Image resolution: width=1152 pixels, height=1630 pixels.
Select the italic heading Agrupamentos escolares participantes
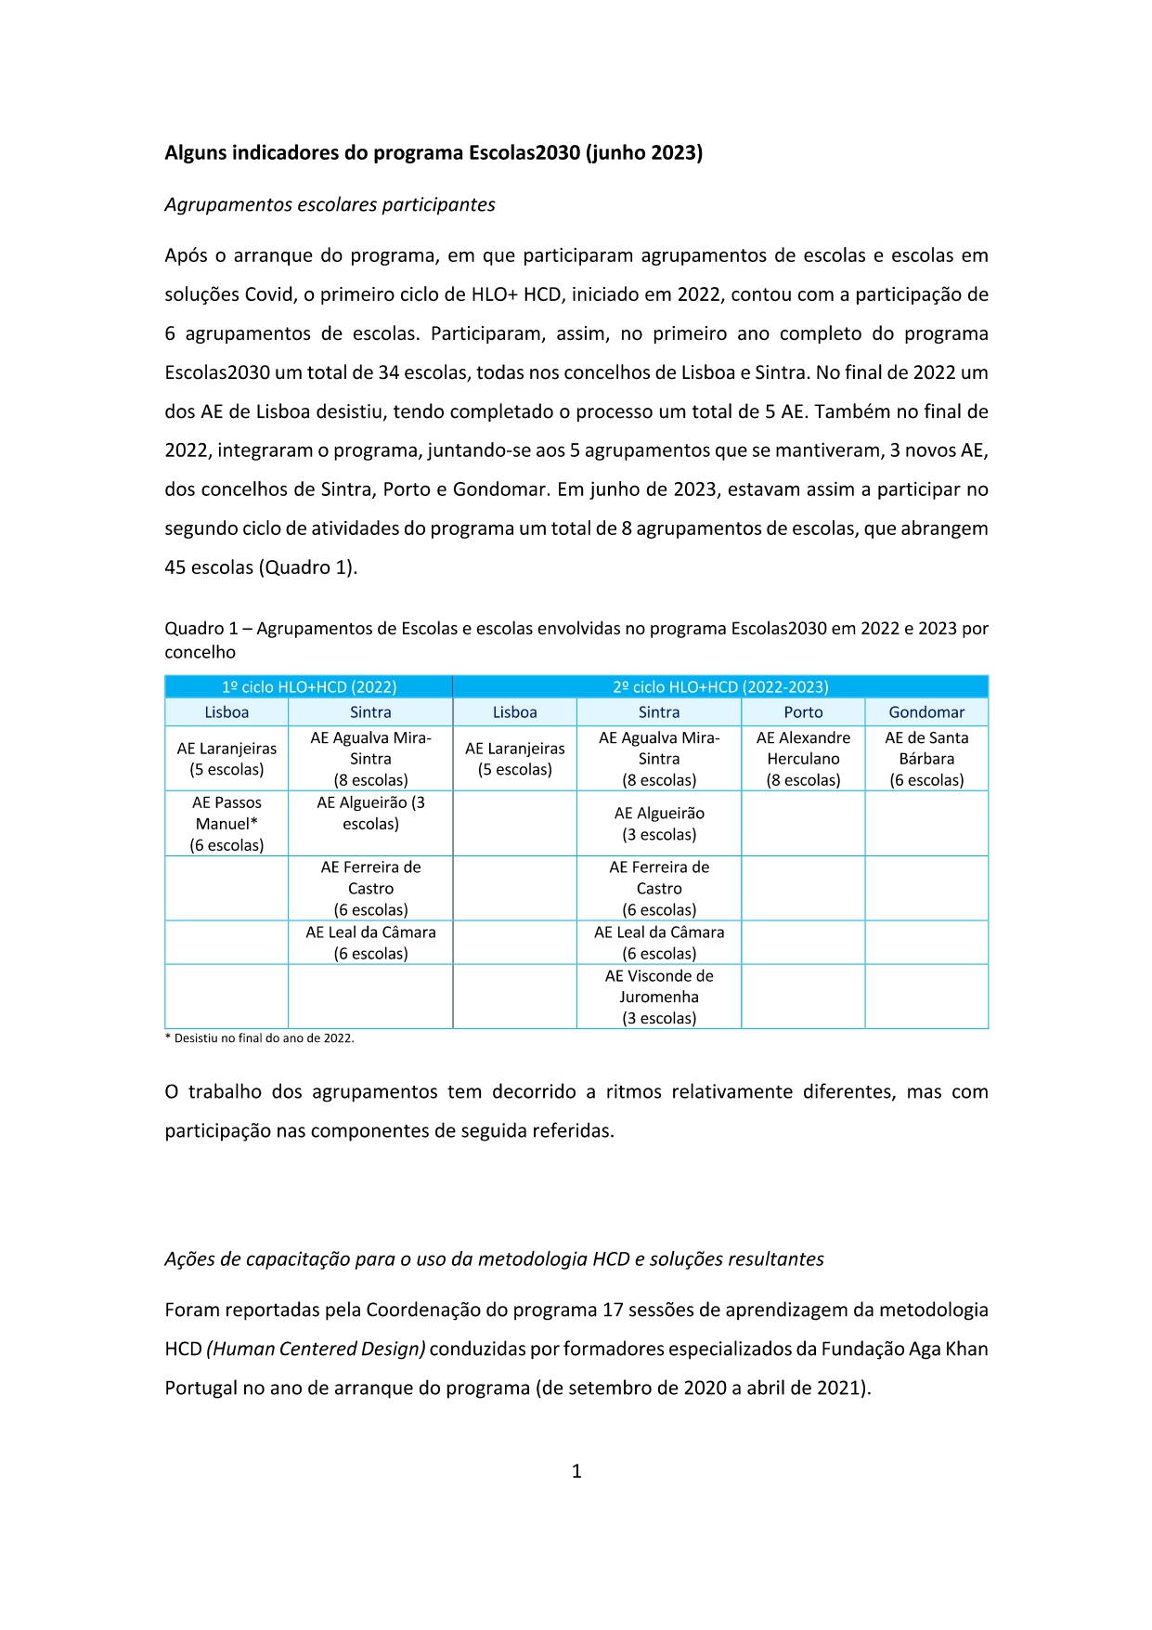point(330,205)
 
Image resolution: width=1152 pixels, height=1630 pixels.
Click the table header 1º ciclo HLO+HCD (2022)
point(308,687)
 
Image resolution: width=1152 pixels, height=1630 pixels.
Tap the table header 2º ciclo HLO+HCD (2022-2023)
point(720,687)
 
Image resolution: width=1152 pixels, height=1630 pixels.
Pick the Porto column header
point(803,712)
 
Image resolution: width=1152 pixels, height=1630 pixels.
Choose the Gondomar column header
point(926,712)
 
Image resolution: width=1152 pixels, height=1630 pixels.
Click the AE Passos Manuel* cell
point(227,824)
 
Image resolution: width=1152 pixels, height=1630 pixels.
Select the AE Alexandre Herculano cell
point(803,759)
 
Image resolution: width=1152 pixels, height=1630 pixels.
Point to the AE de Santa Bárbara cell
point(926,759)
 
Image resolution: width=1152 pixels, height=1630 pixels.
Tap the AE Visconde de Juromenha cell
point(659,998)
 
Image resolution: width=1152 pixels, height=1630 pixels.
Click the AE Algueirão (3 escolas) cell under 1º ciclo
point(370,814)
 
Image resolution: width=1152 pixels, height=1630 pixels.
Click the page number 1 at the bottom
point(576,1471)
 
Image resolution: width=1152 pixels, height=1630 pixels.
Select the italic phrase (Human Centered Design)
point(316,1350)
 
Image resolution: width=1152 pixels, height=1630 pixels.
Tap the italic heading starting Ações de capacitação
point(494,1259)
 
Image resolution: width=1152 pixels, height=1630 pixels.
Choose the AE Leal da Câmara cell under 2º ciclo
point(659,943)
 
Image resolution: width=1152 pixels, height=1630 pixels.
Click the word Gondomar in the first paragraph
point(500,490)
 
